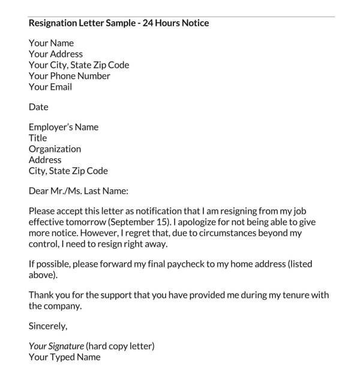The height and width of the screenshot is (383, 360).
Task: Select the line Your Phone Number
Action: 70,76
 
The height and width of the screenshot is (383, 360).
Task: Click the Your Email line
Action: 50,87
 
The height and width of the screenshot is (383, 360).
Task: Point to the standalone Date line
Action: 38,107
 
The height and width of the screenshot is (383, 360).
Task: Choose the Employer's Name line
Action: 64,127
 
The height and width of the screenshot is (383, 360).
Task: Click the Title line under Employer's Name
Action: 38,138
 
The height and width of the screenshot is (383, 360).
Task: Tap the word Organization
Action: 55,149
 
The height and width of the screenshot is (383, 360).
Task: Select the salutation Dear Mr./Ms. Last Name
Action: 79,192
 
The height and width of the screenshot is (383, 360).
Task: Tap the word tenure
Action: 287,295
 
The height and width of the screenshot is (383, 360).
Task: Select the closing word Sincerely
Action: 48,327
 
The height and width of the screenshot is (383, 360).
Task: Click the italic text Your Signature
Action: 56,346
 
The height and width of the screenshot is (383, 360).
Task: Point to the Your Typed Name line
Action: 65,357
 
